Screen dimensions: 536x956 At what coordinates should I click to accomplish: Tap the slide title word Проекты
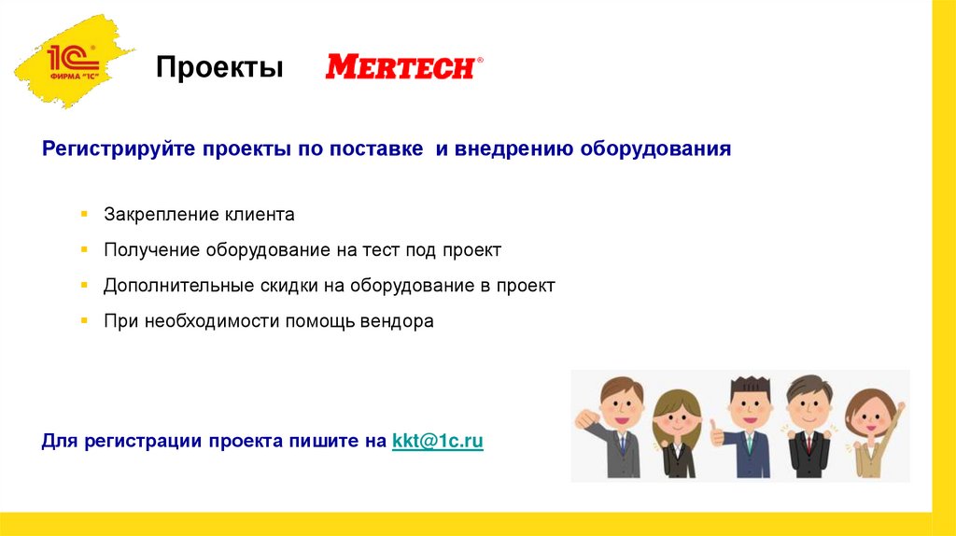pyautogui.click(x=219, y=68)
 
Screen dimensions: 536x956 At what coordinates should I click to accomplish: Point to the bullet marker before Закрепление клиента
pyautogui.click(x=83, y=215)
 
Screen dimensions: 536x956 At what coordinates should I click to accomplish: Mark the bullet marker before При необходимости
pyautogui.click(x=83, y=321)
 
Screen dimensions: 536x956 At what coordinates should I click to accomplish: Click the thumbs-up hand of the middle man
pyautogui.click(x=717, y=431)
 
